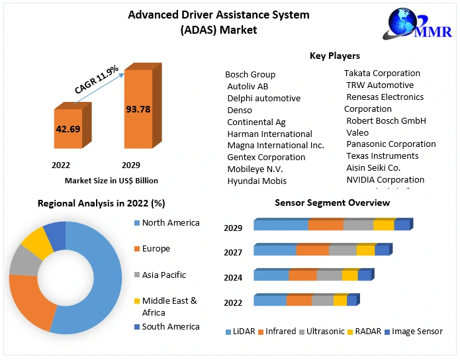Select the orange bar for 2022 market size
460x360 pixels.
(x=68, y=129)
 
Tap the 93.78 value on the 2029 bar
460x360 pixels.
(x=138, y=109)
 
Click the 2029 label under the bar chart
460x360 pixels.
(x=131, y=165)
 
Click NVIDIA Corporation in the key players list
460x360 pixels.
(x=385, y=179)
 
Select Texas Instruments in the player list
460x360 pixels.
(x=383, y=156)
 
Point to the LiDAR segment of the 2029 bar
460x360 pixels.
(x=281, y=226)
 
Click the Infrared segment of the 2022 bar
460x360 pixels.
(x=299, y=301)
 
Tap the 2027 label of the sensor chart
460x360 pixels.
(x=233, y=252)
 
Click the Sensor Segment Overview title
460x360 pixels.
(x=332, y=202)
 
